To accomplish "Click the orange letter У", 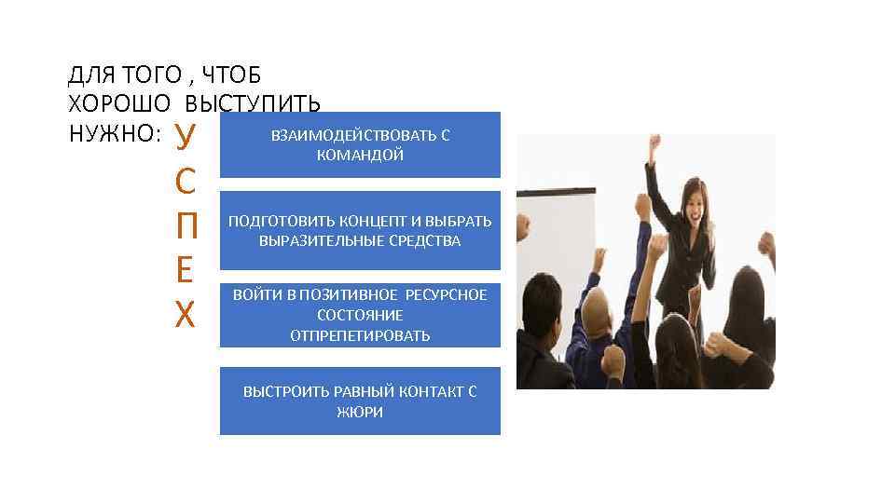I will [185, 136].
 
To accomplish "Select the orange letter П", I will [185, 226].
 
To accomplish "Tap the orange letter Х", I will [185, 316].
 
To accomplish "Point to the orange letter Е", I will [185, 271].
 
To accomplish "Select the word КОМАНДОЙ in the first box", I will [360, 156].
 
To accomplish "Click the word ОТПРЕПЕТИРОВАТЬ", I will [360, 335].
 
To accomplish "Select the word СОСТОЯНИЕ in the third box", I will [360, 315].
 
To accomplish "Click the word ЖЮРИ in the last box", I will [360, 412].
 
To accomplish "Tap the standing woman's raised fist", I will [654, 143].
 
